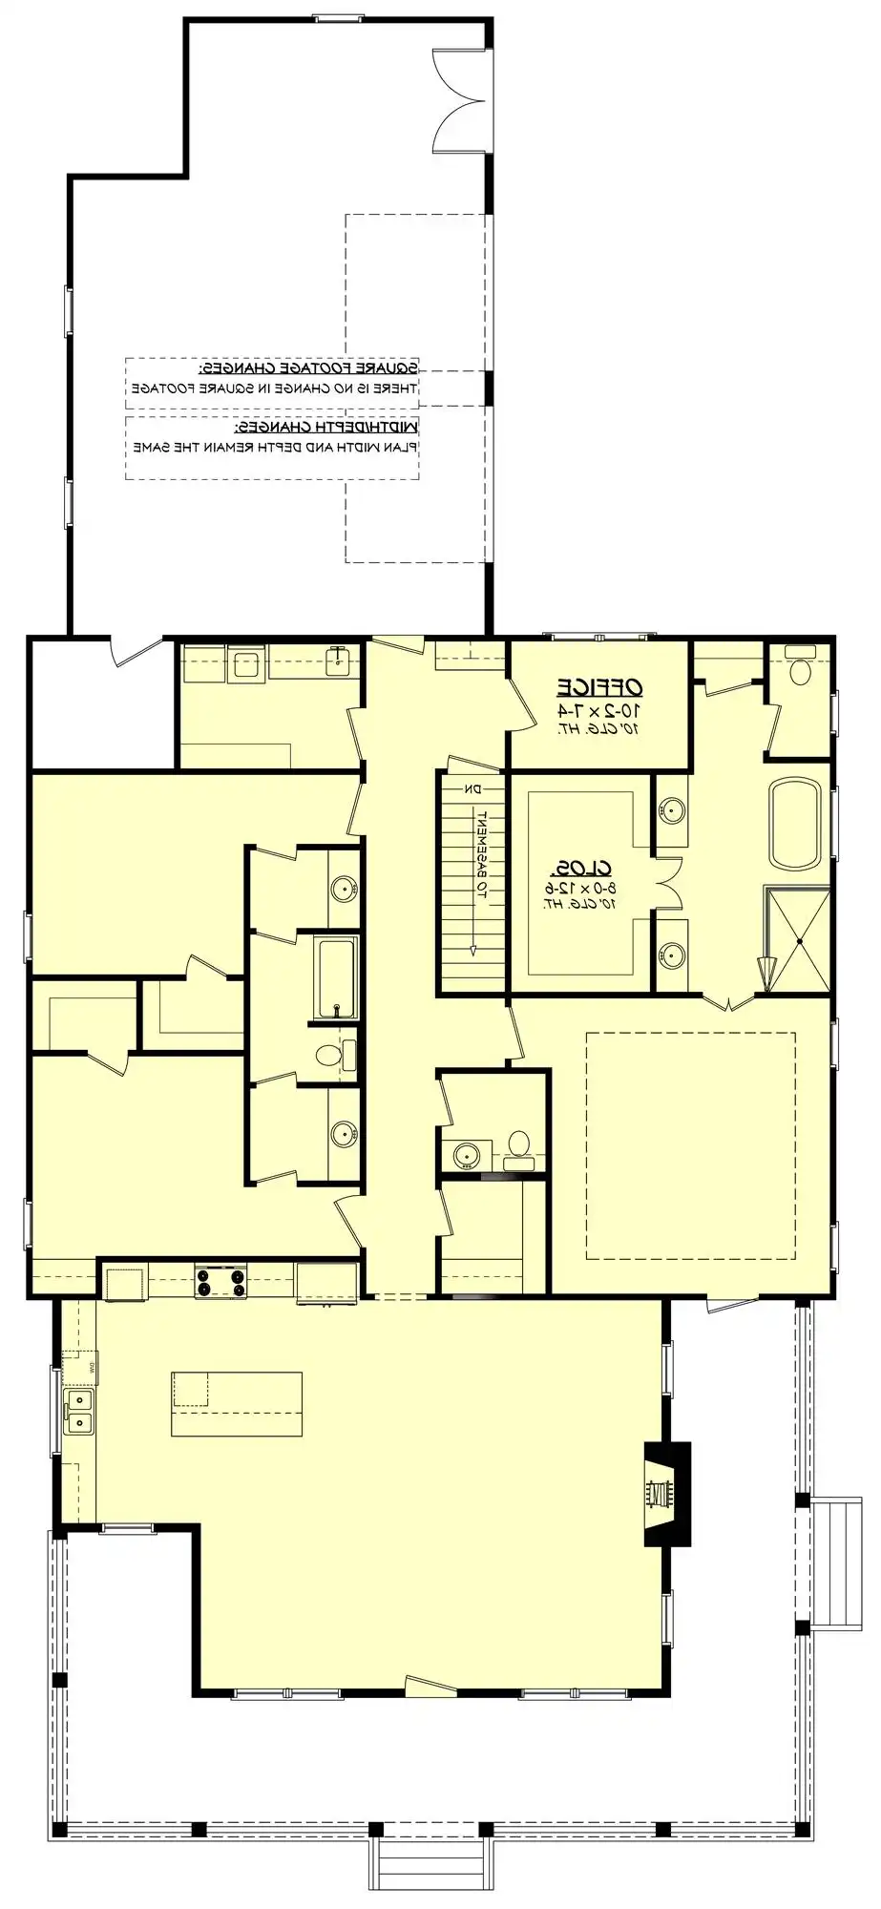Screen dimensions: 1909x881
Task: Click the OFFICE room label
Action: click(x=600, y=686)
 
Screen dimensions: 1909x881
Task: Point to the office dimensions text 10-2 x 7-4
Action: click(x=600, y=711)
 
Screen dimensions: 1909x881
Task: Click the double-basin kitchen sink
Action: click(x=80, y=1412)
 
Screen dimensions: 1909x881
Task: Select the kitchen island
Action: click(x=237, y=1403)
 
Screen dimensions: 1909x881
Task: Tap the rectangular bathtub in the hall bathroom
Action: click(x=336, y=977)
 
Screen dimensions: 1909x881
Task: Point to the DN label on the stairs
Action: click(x=472, y=788)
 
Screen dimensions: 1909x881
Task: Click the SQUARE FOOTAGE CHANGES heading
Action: click(x=308, y=367)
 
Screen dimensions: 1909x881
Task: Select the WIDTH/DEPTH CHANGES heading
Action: click(x=327, y=426)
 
